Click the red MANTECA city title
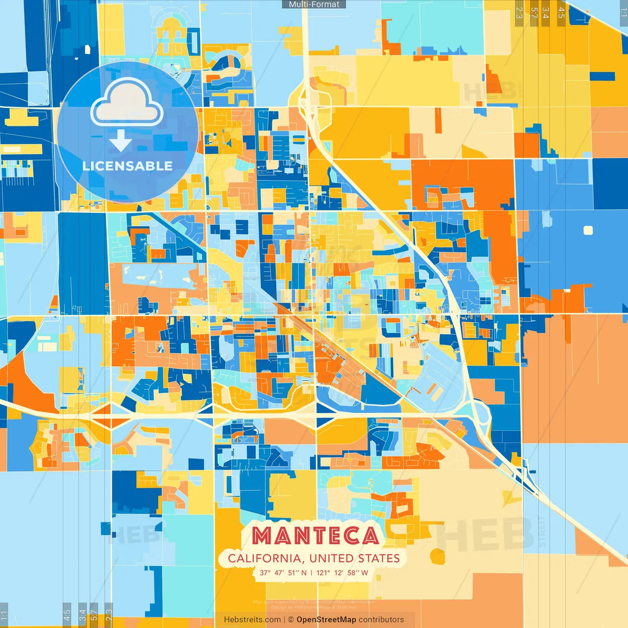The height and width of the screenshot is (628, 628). [x=315, y=536]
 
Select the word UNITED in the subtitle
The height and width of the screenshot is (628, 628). [x=332, y=558]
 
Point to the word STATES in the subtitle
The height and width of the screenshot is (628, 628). [x=379, y=558]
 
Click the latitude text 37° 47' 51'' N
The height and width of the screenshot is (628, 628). [x=283, y=573]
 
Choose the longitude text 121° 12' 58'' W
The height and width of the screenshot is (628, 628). [x=342, y=573]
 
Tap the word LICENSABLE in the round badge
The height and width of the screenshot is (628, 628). [x=128, y=166]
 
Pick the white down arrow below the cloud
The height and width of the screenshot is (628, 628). [x=121, y=141]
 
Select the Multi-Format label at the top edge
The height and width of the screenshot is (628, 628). [x=314, y=4]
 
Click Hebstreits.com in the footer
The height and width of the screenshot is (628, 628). [x=252, y=620]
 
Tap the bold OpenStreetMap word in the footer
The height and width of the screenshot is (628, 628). [x=326, y=620]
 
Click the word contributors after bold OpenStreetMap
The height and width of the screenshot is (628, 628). [x=381, y=620]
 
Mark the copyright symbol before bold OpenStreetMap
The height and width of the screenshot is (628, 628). [x=291, y=620]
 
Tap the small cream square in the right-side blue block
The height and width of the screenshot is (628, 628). [x=588, y=230]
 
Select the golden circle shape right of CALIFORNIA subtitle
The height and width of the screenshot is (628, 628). [x=437, y=556]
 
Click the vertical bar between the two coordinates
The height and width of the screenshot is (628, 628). [x=311, y=573]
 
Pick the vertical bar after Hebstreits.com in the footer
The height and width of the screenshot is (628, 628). [x=285, y=620]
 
